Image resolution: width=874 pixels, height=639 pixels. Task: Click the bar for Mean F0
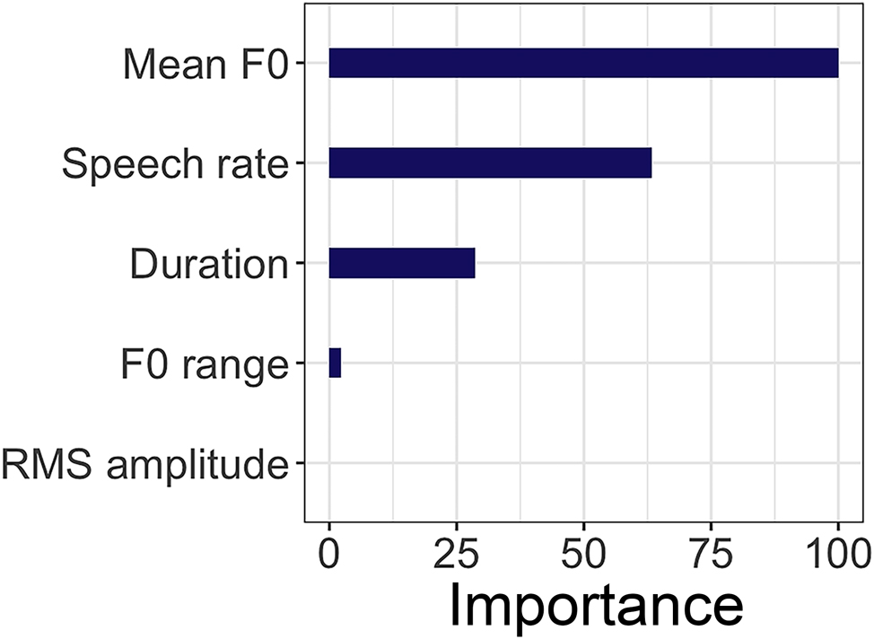[583, 64]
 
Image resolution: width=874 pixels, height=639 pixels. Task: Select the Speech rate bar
[490, 164]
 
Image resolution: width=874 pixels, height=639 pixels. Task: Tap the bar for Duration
[402, 264]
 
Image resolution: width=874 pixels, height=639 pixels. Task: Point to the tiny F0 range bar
[335, 363]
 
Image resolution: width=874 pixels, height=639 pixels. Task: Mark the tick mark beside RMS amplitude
[300, 464]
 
